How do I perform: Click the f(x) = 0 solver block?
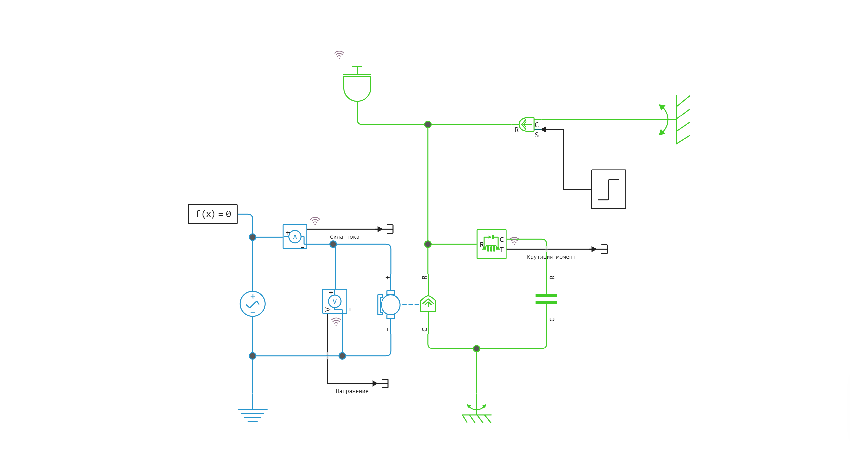pos(212,214)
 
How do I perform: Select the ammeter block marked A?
pos(295,237)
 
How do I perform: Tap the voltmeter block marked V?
pos(335,301)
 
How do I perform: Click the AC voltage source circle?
pos(252,304)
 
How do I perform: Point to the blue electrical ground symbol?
pos(252,415)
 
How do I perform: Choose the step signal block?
pos(608,189)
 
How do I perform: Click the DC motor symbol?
pos(390,305)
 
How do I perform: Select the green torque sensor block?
pos(491,244)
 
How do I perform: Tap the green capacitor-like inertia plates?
pos(546,299)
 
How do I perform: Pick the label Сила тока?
pos(344,237)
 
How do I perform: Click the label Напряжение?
pos(352,391)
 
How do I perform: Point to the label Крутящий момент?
pos(551,257)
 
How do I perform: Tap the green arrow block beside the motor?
pos(428,304)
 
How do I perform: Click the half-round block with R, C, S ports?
pos(527,125)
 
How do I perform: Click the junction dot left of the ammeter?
pos(252,237)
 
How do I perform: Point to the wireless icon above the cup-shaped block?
pos(339,54)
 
